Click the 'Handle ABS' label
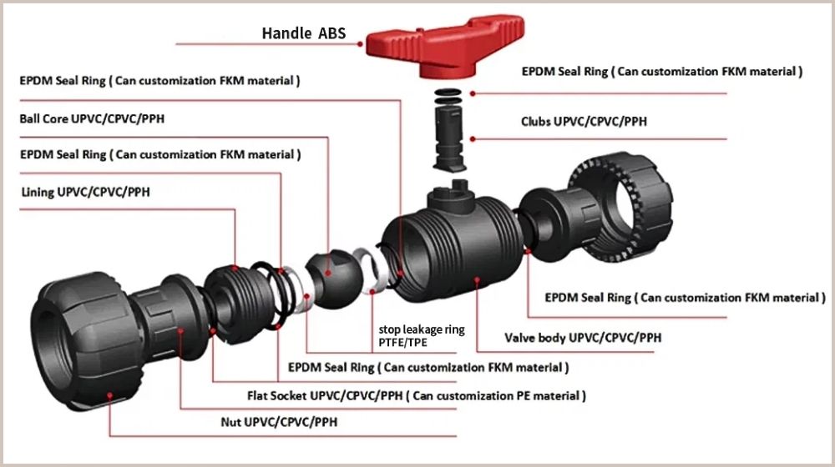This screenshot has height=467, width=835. tap(303, 34)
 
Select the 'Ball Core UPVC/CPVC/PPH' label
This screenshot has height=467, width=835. tap(92, 118)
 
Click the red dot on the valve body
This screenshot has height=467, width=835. tap(476, 281)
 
